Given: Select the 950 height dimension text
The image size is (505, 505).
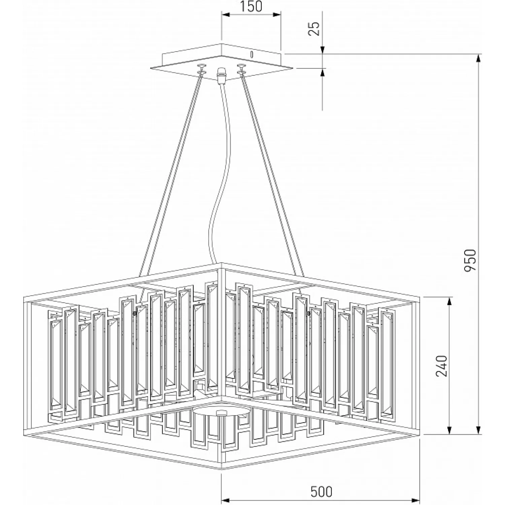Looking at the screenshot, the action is click(x=470, y=260).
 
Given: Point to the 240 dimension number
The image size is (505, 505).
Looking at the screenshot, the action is click(x=441, y=366).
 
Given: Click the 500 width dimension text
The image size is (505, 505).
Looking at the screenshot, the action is click(x=321, y=492).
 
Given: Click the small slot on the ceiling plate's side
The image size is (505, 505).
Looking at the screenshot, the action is click(x=251, y=54).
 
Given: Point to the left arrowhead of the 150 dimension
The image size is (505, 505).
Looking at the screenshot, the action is click(x=225, y=14).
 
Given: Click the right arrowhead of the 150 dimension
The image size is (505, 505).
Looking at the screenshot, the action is click(x=276, y=14).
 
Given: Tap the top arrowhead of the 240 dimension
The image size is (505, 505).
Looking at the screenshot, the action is click(x=449, y=302).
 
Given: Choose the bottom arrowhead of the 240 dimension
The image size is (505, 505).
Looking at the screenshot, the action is click(x=449, y=430).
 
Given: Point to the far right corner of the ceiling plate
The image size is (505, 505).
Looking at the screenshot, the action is click(x=293, y=68).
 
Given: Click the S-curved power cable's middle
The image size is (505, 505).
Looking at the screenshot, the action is click(x=218, y=175).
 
